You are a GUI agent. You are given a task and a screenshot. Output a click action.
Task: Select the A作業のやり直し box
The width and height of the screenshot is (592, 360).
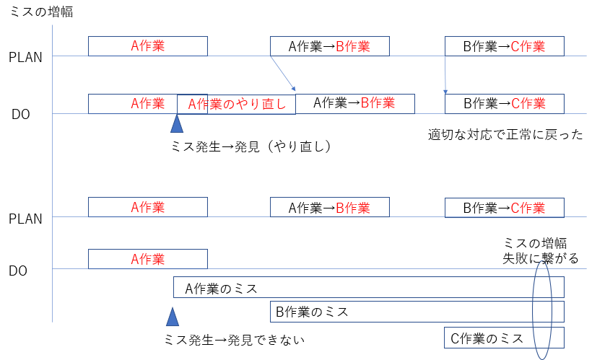[236, 104]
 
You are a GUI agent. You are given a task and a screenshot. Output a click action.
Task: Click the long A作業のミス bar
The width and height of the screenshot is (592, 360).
[368, 288]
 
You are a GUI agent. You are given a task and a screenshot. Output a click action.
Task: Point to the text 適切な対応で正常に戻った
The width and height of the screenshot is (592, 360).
[505, 134]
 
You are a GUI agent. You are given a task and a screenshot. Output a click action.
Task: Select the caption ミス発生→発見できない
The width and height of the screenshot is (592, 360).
[235, 339]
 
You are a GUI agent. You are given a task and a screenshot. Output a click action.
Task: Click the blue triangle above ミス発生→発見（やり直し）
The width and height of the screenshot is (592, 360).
[177, 124]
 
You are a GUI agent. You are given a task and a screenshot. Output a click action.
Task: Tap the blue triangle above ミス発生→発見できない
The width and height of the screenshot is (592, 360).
[172, 317]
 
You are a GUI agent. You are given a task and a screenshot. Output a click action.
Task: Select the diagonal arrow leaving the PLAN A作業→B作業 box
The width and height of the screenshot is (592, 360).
[283, 73]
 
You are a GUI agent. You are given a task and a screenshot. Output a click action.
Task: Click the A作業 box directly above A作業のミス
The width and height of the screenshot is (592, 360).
[147, 259]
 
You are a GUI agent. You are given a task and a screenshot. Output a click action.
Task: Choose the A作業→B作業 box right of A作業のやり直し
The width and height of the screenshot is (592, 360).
[355, 103]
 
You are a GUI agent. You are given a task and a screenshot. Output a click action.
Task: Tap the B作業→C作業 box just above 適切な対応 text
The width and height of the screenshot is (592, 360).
[504, 103]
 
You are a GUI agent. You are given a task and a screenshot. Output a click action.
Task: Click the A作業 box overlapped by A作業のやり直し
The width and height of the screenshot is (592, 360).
[132, 103]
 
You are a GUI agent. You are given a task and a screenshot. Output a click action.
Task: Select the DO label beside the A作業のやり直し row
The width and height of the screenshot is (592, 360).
[19, 114]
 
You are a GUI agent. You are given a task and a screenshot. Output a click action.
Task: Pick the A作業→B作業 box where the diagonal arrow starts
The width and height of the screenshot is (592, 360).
[329, 46]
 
